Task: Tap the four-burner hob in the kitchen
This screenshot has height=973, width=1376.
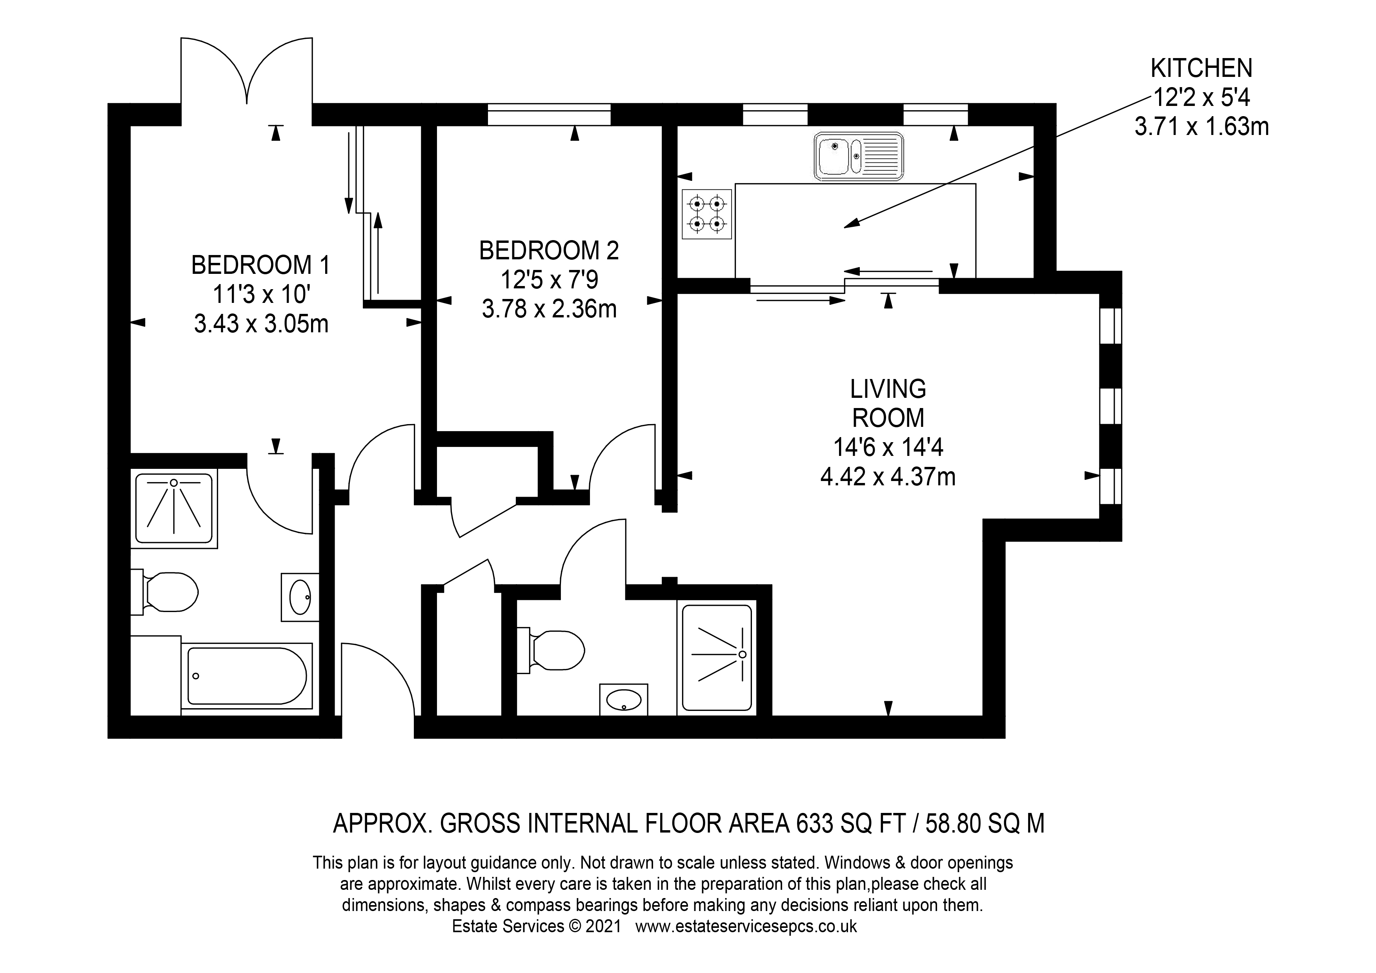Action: tap(706, 214)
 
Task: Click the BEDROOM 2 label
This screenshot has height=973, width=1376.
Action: tap(549, 251)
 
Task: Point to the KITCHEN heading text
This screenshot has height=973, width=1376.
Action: tap(1201, 68)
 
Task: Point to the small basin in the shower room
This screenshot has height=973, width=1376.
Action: tap(624, 699)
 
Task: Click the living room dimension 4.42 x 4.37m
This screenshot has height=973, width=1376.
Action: tap(888, 477)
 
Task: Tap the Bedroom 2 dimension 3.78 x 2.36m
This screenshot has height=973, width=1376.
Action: tap(550, 309)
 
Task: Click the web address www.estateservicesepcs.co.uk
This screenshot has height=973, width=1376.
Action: tap(746, 926)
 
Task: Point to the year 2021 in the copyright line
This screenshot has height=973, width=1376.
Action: tap(604, 926)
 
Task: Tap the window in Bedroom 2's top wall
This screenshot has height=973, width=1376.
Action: tap(549, 115)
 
